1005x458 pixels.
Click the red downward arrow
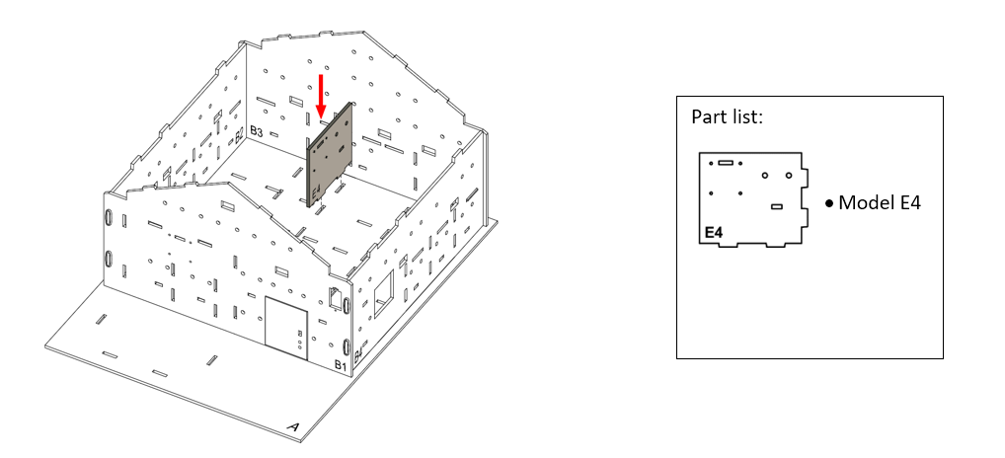(x=321, y=97)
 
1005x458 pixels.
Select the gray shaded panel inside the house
(x=330, y=155)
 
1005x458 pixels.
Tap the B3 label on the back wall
(x=257, y=131)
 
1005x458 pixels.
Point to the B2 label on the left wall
(x=239, y=135)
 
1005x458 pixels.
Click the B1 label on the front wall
(x=340, y=366)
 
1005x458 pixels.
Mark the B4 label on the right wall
(x=358, y=352)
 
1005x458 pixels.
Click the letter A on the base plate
(x=293, y=427)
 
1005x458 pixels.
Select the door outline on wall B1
(x=286, y=328)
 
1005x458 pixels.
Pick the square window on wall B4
(x=383, y=294)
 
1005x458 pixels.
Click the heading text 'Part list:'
(x=727, y=117)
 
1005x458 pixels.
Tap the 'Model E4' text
(x=880, y=203)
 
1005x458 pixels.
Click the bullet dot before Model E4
(x=829, y=203)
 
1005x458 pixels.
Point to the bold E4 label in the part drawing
(x=714, y=233)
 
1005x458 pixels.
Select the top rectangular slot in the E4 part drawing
(x=726, y=163)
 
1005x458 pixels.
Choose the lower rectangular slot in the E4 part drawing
(x=777, y=206)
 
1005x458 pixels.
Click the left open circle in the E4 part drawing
(x=765, y=175)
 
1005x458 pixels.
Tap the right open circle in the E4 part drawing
(x=789, y=175)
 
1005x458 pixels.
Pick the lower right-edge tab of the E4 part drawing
(x=805, y=219)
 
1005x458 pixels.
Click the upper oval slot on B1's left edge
(x=109, y=217)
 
